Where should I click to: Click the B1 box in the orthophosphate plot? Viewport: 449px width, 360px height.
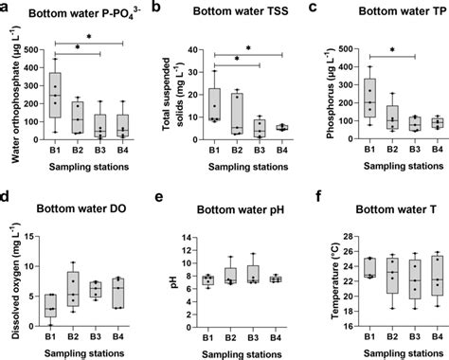56,96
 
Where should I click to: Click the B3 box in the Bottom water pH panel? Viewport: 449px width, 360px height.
251,274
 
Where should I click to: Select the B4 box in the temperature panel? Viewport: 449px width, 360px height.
409,276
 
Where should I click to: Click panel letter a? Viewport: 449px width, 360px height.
7,8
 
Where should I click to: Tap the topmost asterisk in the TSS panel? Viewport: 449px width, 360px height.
247,48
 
